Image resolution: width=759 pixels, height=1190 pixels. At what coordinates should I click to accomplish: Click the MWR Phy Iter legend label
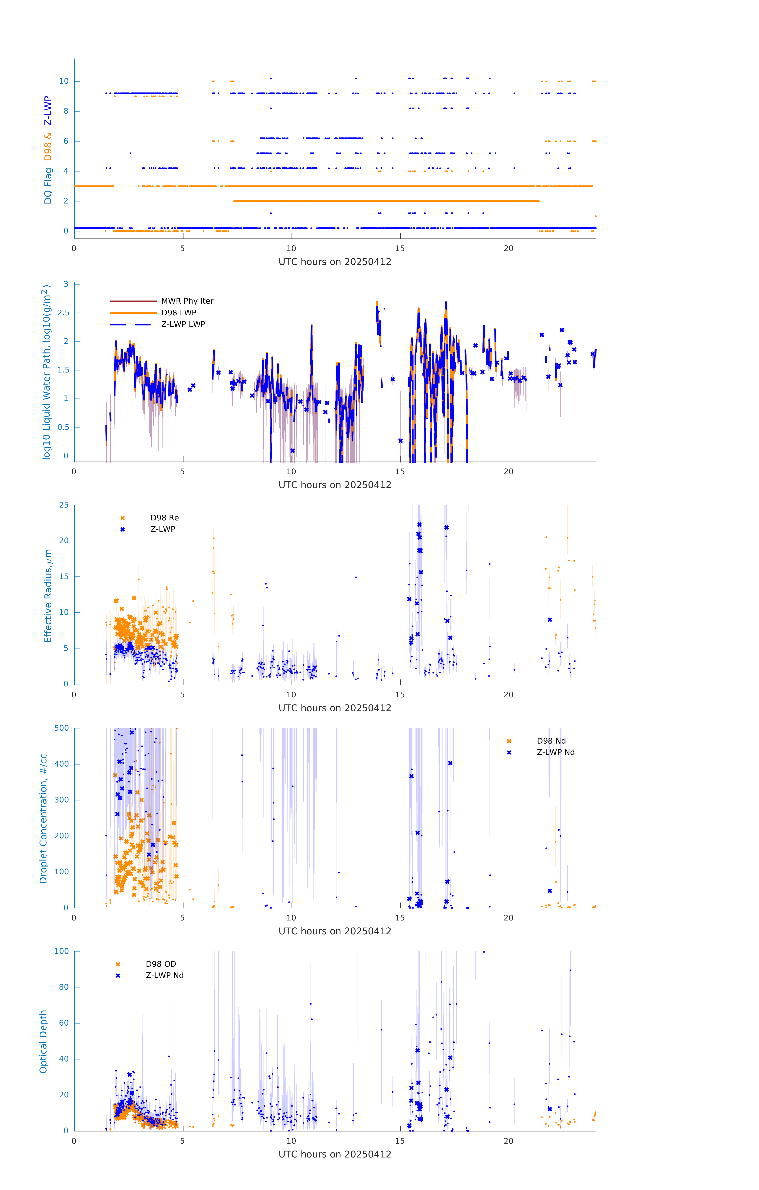click(x=187, y=301)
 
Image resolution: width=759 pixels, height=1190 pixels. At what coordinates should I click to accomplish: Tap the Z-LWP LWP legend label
click(x=183, y=324)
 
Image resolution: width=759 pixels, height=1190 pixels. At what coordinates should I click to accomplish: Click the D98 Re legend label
click(x=165, y=518)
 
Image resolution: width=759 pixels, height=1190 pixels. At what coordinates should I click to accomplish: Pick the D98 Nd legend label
click(x=551, y=741)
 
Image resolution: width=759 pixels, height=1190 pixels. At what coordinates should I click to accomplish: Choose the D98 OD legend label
click(x=161, y=964)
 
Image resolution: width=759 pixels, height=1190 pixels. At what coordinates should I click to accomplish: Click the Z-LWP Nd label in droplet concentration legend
click(x=555, y=752)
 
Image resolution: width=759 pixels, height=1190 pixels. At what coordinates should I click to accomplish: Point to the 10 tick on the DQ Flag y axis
click(x=64, y=81)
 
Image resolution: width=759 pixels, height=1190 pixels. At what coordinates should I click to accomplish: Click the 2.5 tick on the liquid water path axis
click(x=63, y=313)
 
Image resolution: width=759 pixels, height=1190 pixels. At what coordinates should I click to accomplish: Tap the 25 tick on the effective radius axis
click(x=64, y=505)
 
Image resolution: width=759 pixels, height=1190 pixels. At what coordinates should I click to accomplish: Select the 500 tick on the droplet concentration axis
click(x=61, y=728)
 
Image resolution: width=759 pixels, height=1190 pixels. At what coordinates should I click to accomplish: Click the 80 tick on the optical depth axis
click(x=64, y=987)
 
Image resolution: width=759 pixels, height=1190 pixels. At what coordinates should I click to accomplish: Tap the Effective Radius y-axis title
click(x=48, y=595)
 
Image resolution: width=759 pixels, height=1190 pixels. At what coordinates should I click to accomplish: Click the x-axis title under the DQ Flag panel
click(x=335, y=262)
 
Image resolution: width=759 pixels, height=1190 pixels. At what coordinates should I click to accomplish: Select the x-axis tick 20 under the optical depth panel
click(x=508, y=1141)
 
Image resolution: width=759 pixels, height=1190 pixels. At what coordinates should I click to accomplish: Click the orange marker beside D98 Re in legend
click(x=123, y=518)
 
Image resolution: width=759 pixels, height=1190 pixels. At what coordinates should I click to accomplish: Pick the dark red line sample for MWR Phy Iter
click(x=133, y=301)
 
